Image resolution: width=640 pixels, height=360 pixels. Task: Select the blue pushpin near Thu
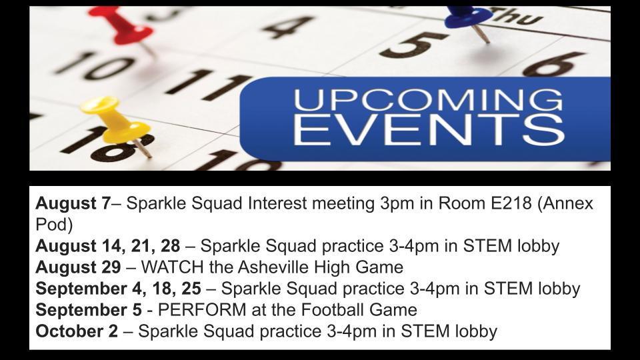click(x=469, y=21)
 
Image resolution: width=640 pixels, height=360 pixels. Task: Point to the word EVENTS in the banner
click(x=429, y=130)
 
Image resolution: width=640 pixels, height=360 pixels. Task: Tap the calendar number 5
click(x=411, y=44)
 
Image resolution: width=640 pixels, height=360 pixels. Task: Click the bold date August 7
click(x=73, y=203)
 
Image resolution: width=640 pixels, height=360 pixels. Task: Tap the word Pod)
click(x=54, y=225)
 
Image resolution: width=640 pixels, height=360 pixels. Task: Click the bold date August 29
click(x=78, y=267)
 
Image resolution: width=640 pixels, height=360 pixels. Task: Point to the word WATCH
click(x=172, y=267)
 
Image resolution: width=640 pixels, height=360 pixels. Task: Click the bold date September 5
click(x=89, y=310)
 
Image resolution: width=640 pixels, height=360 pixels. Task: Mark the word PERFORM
click(x=202, y=310)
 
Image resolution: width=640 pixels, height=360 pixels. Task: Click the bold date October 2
click(x=77, y=331)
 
